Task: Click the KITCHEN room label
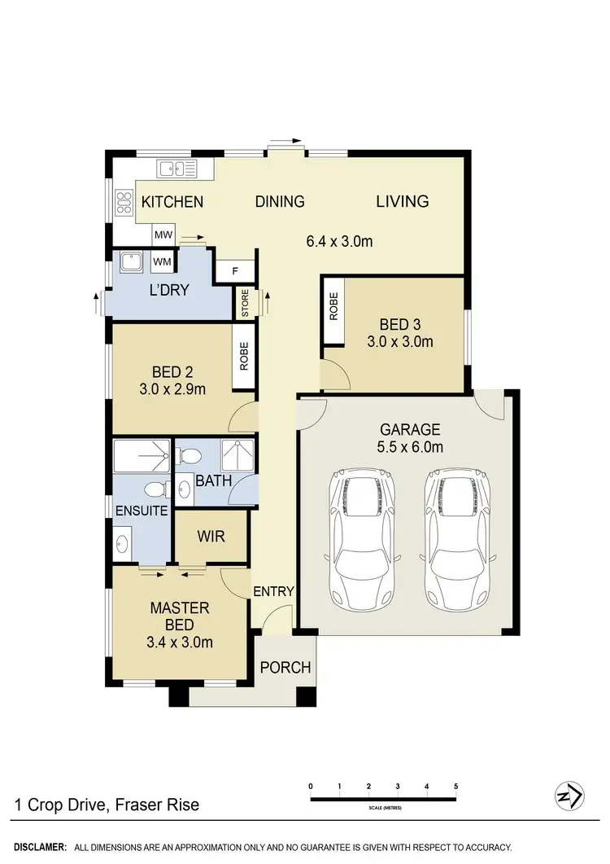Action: (172, 202)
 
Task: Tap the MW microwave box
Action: (163, 235)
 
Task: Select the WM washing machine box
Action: (162, 261)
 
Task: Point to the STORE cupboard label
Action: (245, 303)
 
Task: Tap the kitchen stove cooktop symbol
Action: (124, 201)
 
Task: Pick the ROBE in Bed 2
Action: (244, 356)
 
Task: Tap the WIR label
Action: (211, 537)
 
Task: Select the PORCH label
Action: (285, 668)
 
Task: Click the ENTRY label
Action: (272, 591)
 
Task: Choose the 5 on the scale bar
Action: (456, 786)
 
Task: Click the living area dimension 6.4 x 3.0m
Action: (339, 241)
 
